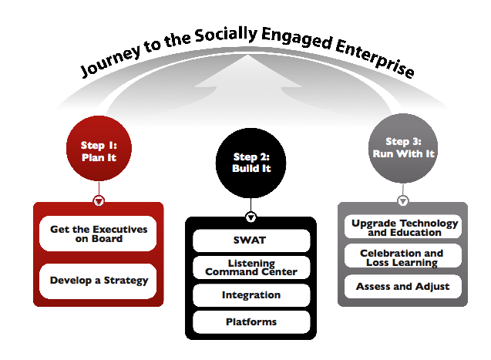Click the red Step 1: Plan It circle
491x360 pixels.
(x=99, y=149)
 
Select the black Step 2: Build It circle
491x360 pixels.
(x=251, y=162)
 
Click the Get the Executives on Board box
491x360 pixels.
(x=99, y=234)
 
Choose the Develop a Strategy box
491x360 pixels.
(x=99, y=281)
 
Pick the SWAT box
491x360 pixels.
(x=251, y=241)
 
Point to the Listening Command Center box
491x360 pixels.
(x=251, y=267)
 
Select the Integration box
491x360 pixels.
(x=251, y=294)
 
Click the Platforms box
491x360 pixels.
(x=251, y=321)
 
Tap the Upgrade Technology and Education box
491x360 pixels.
(x=403, y=227)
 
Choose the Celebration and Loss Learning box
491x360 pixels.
(x=403, y=257)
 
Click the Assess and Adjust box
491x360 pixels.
(x=403, y=287)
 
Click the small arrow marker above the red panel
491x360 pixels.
(x=99, y=201)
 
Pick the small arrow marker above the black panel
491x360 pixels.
(x=251, y=217)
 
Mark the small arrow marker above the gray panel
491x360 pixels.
(x=403, y=201)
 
